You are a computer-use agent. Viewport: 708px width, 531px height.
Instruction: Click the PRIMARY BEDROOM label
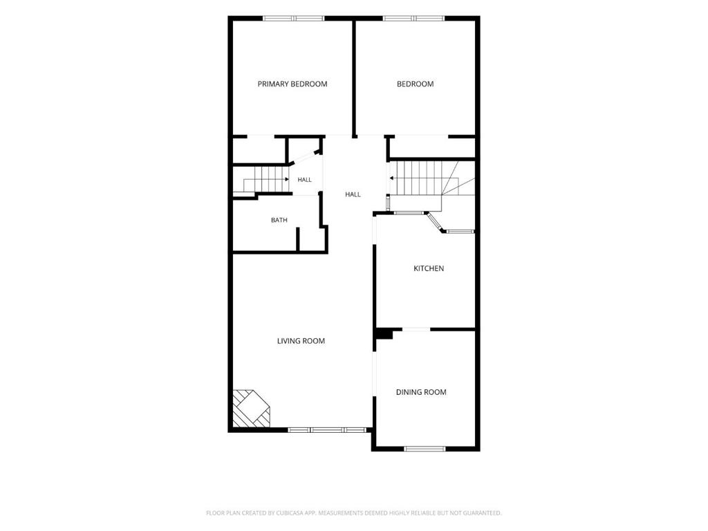point(292,84)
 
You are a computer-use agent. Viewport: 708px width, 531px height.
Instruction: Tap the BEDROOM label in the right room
point(415,84)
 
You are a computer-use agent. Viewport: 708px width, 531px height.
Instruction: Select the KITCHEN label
point(429,268)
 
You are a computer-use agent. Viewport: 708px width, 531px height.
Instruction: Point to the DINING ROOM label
point(421,392)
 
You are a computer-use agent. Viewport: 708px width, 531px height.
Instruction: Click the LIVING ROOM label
point(301,341)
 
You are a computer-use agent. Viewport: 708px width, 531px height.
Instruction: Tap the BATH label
point(279,220)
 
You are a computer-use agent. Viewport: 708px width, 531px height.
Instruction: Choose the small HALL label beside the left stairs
point(304,180)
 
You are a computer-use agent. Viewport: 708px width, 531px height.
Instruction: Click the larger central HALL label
point(353,194)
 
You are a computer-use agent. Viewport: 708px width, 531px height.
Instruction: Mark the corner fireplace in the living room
point(251,409)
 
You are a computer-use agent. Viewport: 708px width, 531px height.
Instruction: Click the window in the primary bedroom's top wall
point(293,19)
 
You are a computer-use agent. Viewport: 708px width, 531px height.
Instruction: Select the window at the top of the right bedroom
point(413,19)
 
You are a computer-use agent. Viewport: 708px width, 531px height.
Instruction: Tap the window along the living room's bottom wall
point(327,430)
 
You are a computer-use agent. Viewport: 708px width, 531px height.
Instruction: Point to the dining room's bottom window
point(425,448)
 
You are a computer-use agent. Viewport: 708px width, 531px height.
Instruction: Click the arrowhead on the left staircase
point(287,179)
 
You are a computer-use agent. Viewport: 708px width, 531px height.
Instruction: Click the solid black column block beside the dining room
point(384,334)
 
